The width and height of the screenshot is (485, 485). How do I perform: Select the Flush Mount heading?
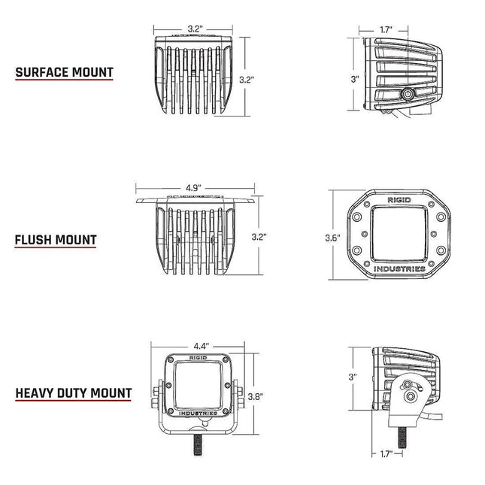coord(56,241)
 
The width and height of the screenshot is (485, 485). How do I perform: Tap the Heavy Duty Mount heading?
coord(74,393)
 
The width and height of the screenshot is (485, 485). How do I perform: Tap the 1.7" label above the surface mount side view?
coord(385,30)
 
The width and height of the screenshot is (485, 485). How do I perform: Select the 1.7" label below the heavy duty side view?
coord(386,454)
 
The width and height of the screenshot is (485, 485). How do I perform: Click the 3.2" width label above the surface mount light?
coord(195,29)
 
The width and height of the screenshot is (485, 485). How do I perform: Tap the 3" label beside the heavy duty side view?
coord(352,376)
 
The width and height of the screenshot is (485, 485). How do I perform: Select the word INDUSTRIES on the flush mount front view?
coord(399,268)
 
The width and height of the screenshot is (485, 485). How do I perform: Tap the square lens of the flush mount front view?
coord(399,235)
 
